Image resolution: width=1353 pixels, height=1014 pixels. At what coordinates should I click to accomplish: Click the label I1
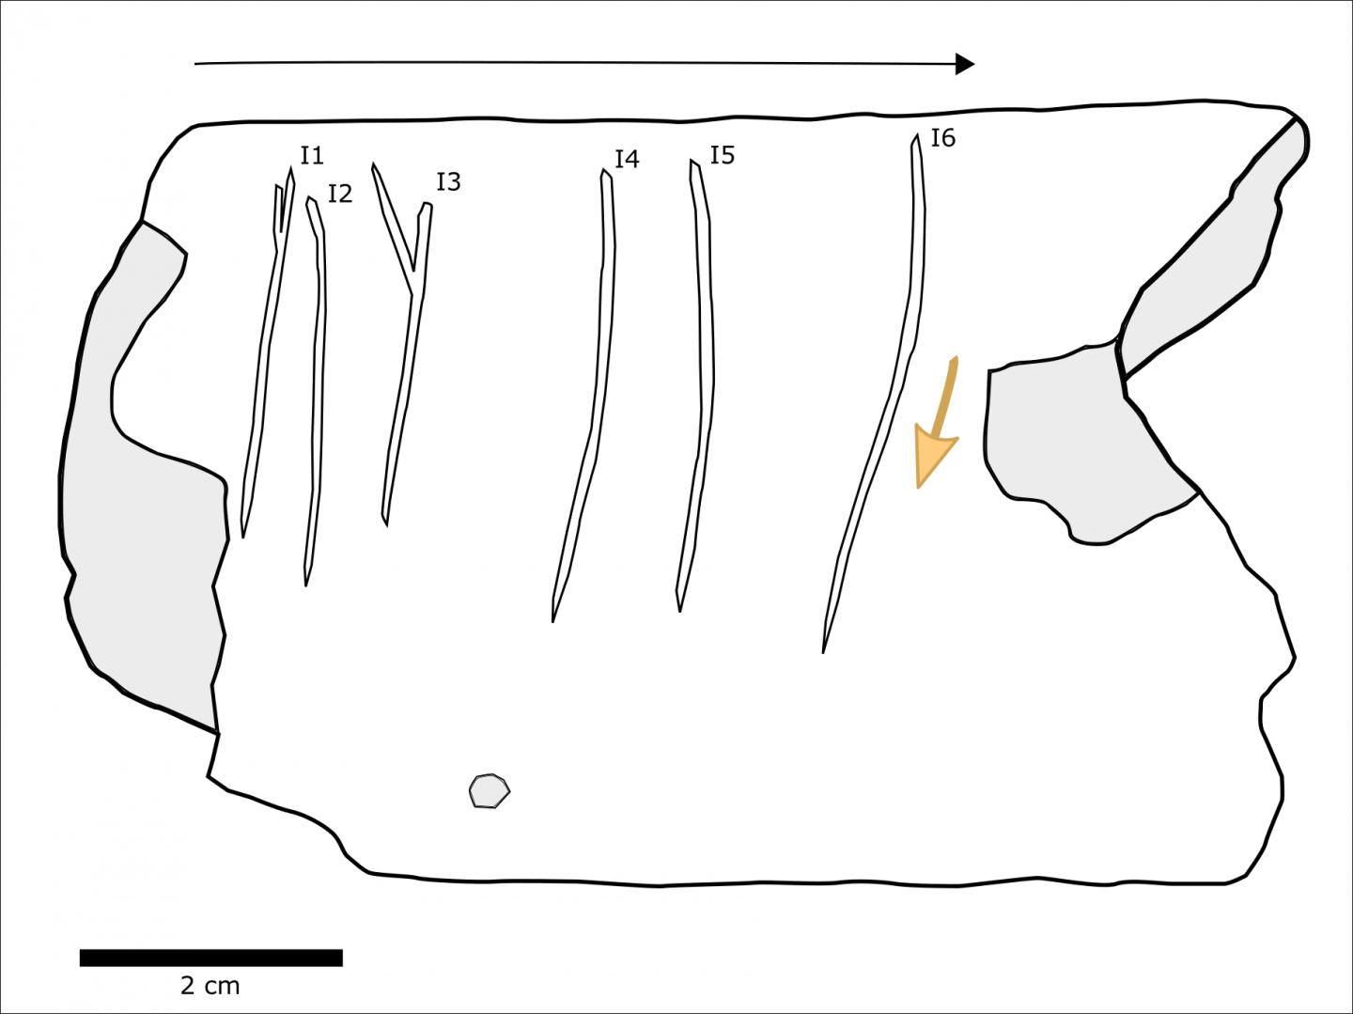tap(312, 155)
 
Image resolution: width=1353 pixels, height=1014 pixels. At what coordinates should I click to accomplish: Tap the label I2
tap(340, 194)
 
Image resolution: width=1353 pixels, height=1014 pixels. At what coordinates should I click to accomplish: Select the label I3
tap(448, 181)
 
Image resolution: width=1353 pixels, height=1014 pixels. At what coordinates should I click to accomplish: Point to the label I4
tap(627, 159)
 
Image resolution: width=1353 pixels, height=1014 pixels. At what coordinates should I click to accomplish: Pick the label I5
tap(722, 154)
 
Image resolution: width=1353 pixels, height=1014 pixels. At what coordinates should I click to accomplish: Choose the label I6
tap(942, 138)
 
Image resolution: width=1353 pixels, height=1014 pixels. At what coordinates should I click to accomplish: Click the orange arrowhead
tap(934, 458)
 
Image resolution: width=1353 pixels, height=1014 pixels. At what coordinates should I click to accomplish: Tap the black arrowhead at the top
tap(965, 64)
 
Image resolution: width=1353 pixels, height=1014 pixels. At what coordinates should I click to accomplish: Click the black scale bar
tap(210, 958)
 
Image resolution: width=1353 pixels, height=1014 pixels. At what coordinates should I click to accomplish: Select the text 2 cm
tap(210, 986)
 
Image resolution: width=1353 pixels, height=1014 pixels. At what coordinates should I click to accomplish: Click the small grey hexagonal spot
tap(489, 791)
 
